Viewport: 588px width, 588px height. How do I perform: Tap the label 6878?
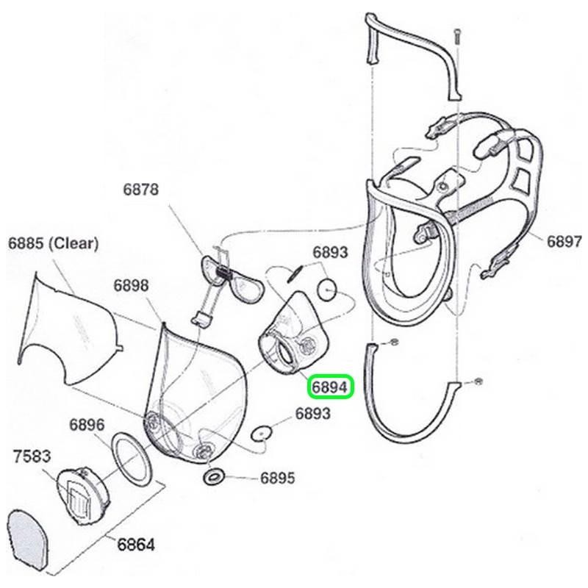point(140,190)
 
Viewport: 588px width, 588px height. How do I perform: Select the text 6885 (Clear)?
point(53,243)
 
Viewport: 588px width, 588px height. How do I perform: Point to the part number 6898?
point(132,285)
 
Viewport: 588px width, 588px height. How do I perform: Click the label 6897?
point(564,241)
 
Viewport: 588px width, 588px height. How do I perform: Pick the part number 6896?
point(87,425)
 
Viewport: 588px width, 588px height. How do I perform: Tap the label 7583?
point(31,456)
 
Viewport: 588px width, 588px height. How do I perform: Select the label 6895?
point(277,478)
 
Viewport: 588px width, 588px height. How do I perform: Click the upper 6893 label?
point(330,252)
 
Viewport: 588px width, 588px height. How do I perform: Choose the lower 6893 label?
point(312,414)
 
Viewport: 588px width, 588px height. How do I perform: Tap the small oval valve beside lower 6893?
point(259,434)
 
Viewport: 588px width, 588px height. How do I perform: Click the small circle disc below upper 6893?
point(328,288)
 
